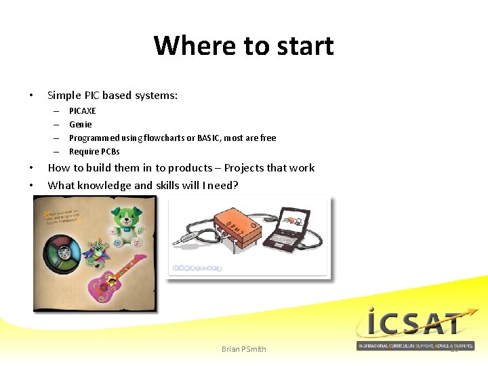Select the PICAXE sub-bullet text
[83, 110]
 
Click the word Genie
[81, 124]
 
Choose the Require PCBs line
[94, 151]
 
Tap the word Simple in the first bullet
[64, 96]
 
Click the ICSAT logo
[415, 328]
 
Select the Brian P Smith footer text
[244, 349]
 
